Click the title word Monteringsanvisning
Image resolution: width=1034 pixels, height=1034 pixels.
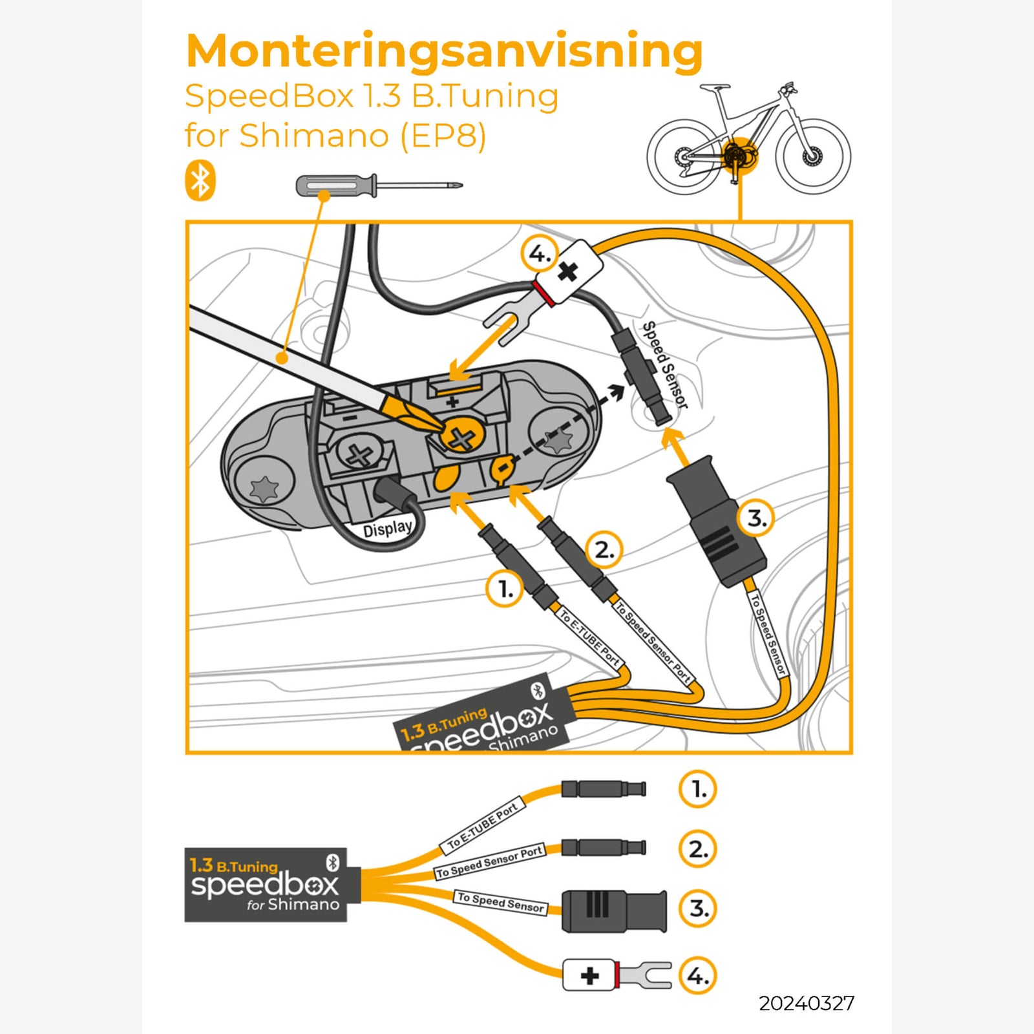point(444,52)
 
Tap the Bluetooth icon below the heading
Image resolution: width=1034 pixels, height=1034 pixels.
point(200,181)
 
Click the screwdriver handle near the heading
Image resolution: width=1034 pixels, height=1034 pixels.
point(336,186)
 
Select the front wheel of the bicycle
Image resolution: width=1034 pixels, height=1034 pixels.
point(813,156)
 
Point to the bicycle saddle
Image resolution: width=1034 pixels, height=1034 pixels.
point(714,87)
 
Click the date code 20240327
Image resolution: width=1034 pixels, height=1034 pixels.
point(806,1004)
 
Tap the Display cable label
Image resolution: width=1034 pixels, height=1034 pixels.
point(387,529)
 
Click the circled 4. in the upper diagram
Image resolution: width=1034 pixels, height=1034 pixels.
point(538,254)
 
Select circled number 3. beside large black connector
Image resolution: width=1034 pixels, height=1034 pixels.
point(756,518)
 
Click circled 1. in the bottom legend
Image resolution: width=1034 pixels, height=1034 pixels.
point(698,789)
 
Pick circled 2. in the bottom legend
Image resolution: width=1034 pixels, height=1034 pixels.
point(698,849)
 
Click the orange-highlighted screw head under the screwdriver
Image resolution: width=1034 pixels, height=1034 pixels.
point(461,439)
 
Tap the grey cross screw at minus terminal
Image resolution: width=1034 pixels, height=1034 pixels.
point(359,456)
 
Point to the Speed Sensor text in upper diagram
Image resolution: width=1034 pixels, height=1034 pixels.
point(665,365)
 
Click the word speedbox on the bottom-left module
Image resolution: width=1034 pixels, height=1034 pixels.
point(265,885)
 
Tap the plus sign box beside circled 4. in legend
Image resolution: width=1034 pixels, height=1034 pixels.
point(589,975)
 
